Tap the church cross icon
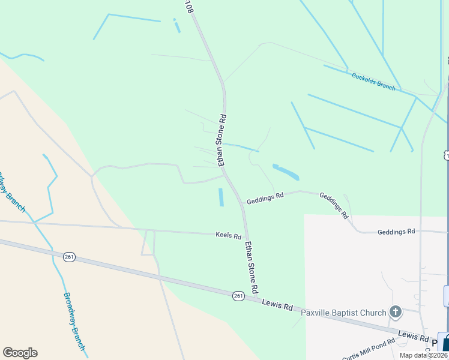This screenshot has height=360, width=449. tap(395, 311)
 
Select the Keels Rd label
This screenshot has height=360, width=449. tap(228, 236)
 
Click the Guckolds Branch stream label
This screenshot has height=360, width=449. tap(373, 81)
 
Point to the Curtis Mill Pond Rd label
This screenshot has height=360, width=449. tap(369, 349)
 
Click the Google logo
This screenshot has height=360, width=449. tap(20, 353)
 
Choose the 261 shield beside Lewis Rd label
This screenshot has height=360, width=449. tap(238, 295)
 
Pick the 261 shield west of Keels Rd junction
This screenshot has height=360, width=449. tap(69, 257)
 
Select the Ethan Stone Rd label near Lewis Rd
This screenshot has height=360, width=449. tap(251, 267)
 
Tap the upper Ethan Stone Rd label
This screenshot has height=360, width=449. tap(222, 140)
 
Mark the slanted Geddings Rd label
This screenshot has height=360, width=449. tap(334, 205)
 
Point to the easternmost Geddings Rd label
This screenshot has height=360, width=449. tap(396, 232)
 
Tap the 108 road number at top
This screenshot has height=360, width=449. tap(189, 7)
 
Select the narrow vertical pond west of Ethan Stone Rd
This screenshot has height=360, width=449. tap(221, 197)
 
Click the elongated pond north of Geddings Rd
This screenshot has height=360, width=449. tap(286, 172)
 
